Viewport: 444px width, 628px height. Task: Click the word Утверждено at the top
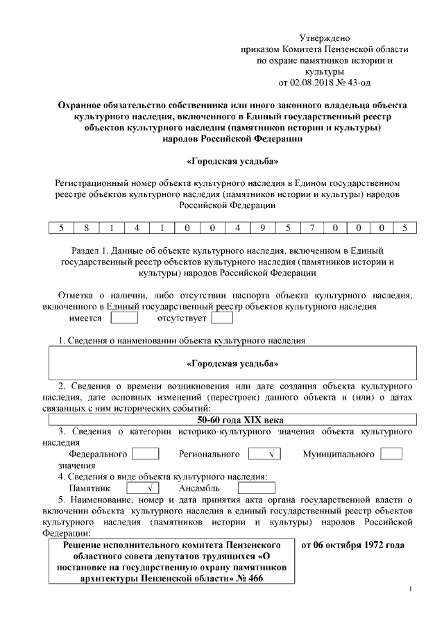tap(325, 37)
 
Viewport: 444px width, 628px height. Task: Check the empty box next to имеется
tap(124, 319)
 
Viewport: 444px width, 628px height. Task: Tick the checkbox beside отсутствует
tap(221, 319)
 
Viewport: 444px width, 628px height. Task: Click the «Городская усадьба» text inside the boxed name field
tap(232, 363)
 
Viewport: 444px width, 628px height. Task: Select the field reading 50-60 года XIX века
tap(232, 419)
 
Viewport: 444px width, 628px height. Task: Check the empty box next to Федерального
tap(145, 454)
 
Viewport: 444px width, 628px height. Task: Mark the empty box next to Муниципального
tap(391, 454)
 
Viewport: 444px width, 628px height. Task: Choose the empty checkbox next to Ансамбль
tap(256, 489)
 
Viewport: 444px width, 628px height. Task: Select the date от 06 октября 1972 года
tap(353, 545)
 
